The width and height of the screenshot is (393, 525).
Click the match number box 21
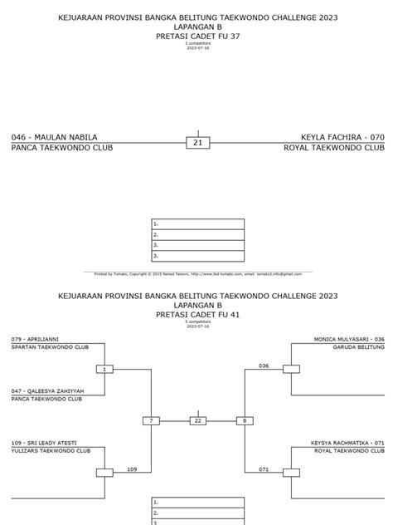(197, 143)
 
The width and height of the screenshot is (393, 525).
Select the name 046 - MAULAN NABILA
(54, 136)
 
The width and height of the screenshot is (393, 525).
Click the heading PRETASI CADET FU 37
(196, 37)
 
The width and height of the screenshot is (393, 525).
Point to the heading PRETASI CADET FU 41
(196, 315)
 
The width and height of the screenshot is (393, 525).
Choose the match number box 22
(197, 421)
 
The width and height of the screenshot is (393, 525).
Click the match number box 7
(151, 421)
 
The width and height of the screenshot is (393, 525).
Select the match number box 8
(244, 421)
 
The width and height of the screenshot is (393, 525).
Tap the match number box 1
(104, 369)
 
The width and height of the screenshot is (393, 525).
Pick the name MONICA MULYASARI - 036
(349, 339)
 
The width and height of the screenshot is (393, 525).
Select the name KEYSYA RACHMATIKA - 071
(347, 443)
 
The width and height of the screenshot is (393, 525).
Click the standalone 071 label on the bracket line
(264, 469)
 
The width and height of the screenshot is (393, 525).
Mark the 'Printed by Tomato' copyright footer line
(196, 272)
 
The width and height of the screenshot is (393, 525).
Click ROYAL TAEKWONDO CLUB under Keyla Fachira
(334, 148)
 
